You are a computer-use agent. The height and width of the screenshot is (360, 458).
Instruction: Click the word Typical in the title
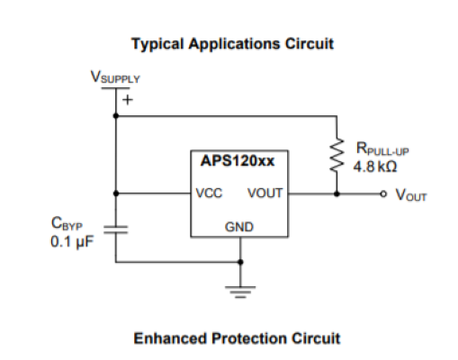coord(157,44)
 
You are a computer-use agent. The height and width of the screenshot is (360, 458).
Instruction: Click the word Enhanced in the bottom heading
coord(170,338)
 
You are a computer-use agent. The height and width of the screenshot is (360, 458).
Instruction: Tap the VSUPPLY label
coord(115,77)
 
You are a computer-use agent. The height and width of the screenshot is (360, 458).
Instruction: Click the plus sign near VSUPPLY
coord(128,100)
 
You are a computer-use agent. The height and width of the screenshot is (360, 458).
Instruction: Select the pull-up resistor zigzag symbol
coord(337,155)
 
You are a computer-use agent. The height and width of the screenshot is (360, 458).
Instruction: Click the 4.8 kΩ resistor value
coord(375,166)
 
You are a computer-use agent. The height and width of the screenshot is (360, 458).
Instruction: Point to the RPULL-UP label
coord(382,148)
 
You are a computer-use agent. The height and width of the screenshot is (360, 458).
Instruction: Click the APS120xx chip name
coord(238,161)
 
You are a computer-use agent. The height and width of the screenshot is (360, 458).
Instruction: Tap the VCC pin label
coord(209,193)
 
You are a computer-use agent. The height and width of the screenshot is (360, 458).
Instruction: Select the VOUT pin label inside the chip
coord(265,193)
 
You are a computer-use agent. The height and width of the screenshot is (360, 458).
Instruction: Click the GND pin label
coord(239,227)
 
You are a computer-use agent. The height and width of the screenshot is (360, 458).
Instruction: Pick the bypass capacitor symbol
coord(116,229)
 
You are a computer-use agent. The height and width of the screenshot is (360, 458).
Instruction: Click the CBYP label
coord(67,223)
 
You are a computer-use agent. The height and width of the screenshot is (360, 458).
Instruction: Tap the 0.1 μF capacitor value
coord(72,241)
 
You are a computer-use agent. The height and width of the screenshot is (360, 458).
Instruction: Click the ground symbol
coord(240,292)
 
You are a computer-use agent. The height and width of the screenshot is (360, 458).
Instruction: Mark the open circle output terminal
coord(383,193)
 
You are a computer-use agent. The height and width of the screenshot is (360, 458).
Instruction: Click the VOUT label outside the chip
coord(411,195)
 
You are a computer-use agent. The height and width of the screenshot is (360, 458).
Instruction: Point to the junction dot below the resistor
coord(337,193)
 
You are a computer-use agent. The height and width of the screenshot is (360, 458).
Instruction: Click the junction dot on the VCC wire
coord(116,193)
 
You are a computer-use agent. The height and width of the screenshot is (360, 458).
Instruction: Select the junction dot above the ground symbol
coord(240,262)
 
